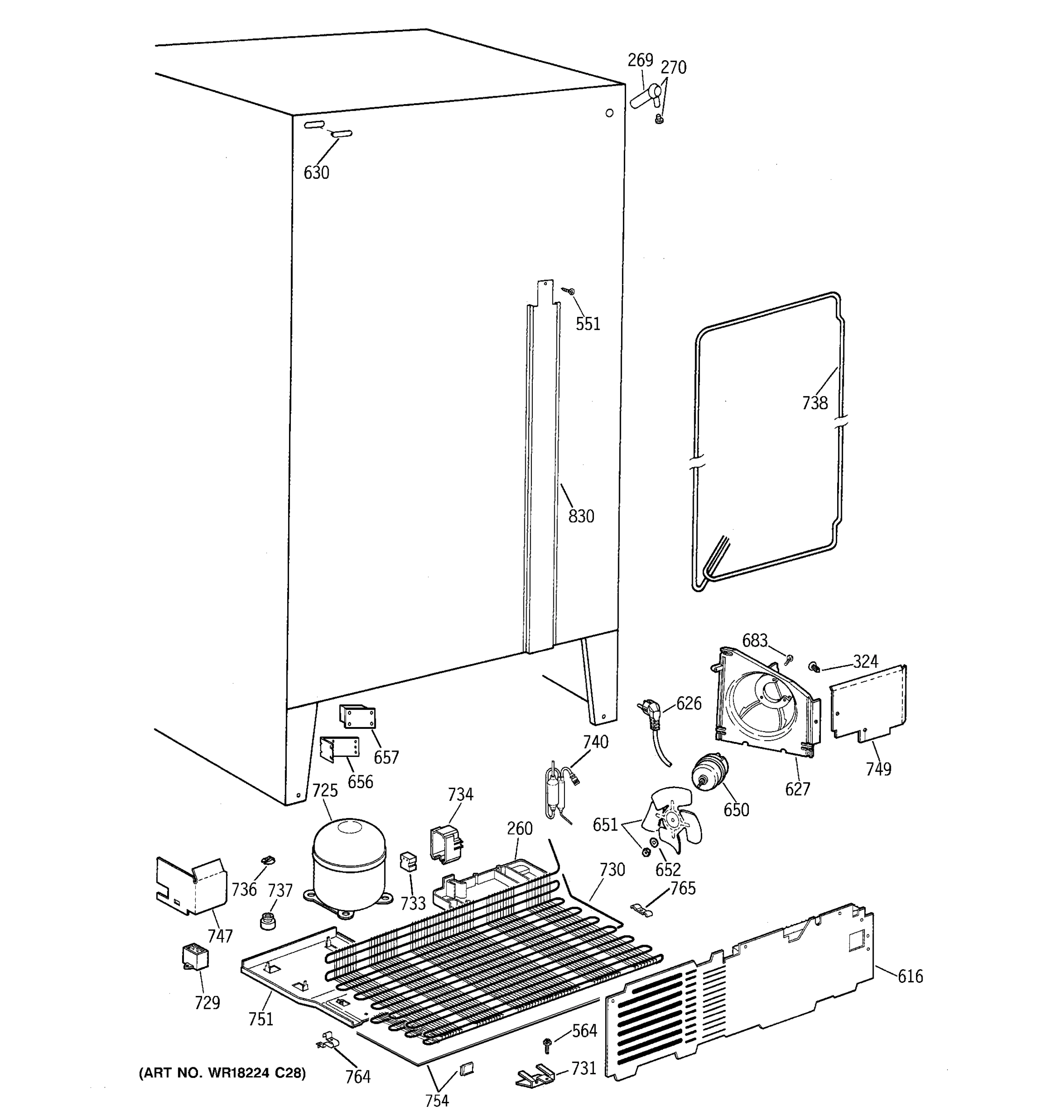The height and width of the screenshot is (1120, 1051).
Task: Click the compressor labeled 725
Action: tap(348, 864)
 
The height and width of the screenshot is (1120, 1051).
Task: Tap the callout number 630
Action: tap(316, 173)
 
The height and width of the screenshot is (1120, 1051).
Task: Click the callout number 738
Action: tap(814, 403)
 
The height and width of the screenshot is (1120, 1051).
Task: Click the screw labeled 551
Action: tap(569, 291)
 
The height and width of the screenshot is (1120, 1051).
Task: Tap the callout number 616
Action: tap(910, 976)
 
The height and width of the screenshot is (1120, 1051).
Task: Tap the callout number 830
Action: tap(581, 516)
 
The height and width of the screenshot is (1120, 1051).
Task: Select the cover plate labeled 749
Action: tap(868, 701)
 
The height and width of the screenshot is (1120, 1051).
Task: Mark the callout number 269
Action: tap(640, 60)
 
